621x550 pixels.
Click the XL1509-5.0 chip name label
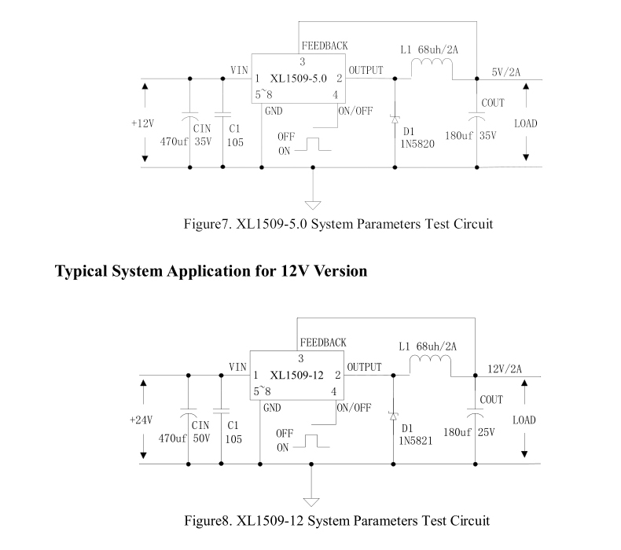[x=298, y=79]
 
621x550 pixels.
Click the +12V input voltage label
[x=144, y=123]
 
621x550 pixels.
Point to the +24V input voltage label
[x=141, y=420]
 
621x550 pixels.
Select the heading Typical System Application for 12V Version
[x=211, y=272]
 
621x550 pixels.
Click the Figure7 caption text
[x=338, y=224]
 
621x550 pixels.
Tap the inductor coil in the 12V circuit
[x=429, y=367]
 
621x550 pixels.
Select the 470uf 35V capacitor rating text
[x=186, y=142]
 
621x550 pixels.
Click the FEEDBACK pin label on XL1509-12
[x=323, y=343]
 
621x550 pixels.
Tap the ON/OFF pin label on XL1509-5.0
[x=355, y=110]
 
